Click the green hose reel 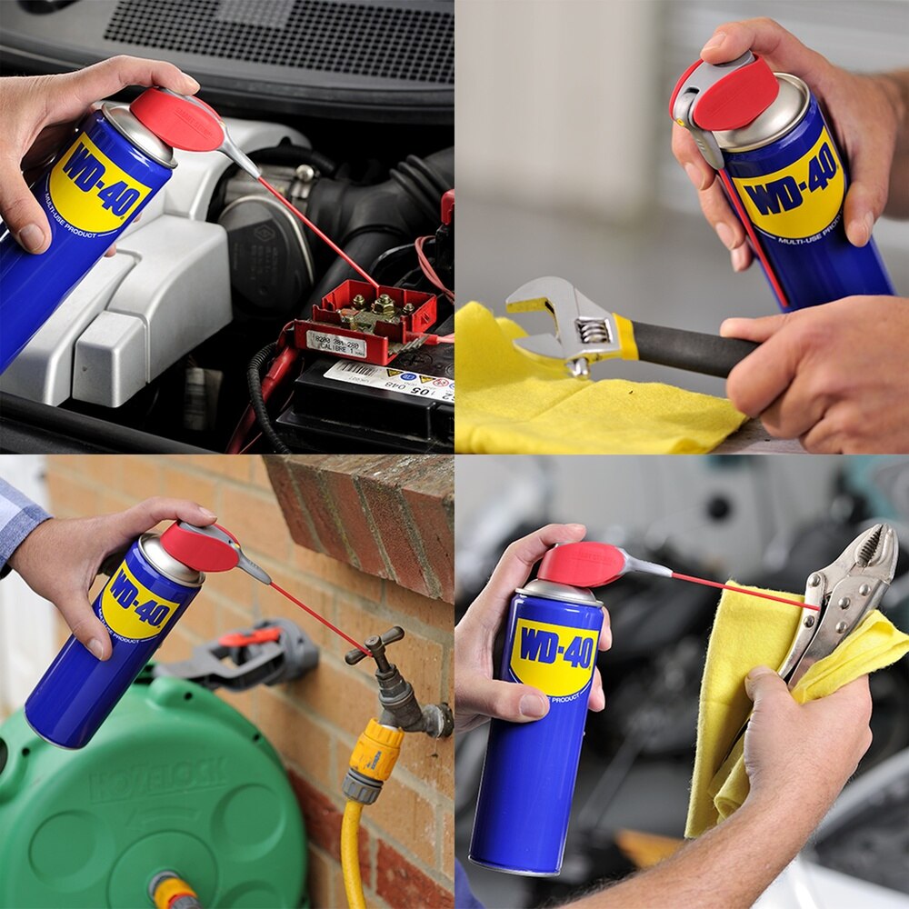(155, 800)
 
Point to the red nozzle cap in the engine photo (176, 119)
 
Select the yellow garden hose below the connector (352, 854)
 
